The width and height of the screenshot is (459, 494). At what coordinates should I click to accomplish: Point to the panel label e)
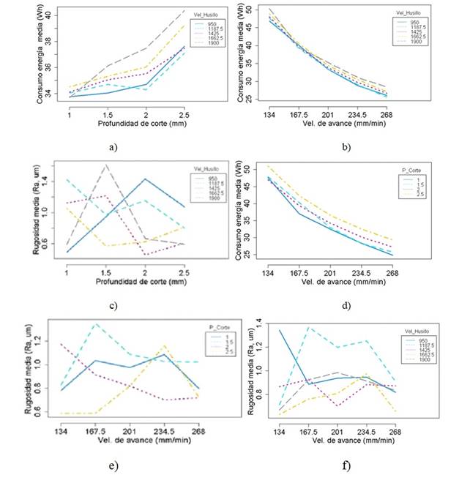[112, 465]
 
